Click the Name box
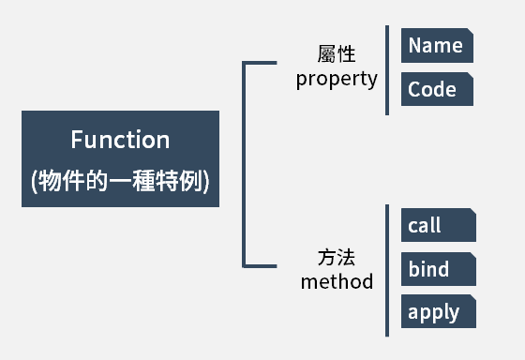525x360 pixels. pos(437,46)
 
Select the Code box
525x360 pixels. pos(437,90)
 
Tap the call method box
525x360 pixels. pos(438,226)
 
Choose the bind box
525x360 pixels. pos(438,270)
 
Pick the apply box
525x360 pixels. pos(438,312)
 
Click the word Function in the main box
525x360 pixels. pos(120,140)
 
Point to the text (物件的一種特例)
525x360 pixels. pos(120,182)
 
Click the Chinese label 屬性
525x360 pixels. pos(337,54)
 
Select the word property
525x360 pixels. pos(337,79)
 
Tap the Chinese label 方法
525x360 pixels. pos(337,257)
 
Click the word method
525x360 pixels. pos(337,281)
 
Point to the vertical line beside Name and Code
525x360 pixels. pos(387,70)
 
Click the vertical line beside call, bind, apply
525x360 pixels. pos(387,270)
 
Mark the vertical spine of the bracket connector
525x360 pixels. pos(245,164)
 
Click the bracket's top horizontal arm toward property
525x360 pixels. pos(263,64)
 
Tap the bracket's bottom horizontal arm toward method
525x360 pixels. pos(263,265)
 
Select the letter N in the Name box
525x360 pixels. pos(414,46)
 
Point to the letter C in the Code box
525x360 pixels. pos(414,90)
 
